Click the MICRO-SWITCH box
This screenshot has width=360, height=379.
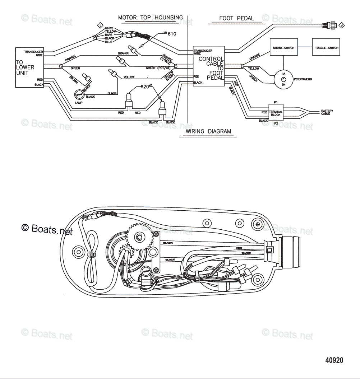[x=283, y=48]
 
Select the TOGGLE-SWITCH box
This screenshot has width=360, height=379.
[x=326, y=48]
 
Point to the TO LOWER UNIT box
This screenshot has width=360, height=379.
[x=29, y=67]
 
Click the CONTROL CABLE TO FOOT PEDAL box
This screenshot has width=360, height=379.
[x=209, y=66]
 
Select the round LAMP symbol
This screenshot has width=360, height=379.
[x=79, y=95]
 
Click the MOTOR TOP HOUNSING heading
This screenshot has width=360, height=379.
[x=150, y=17]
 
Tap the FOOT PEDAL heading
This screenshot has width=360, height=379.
[x=236, y=18]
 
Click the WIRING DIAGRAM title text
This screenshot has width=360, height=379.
[x=208, y=131]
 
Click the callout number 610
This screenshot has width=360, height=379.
[x=172, y=34]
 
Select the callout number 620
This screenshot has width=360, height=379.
[x=145, y=86]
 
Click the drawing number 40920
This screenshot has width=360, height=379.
[x=334, y=360]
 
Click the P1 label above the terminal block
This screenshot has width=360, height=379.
[x=276, y=102]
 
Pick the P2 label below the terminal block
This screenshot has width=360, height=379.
[x=276, y=123]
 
